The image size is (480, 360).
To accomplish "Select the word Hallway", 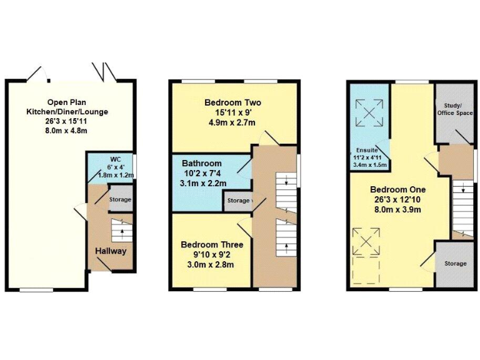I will tap(111, 251).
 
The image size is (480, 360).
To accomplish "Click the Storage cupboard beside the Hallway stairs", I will tap(120, 199).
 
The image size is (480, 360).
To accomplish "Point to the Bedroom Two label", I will tap(232, 102).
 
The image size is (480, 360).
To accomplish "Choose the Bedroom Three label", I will tap(212, 244).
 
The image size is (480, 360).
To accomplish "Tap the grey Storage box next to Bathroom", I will tap(237, 201).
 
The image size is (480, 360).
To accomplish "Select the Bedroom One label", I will tap(397, 189).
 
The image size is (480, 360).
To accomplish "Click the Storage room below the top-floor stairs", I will tap(455, 264).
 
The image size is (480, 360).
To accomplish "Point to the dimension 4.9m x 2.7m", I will tap(232, 122).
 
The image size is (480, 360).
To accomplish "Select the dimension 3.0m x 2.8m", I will tap(212, 264).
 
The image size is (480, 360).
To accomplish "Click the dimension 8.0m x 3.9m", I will tap(397, 209).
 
